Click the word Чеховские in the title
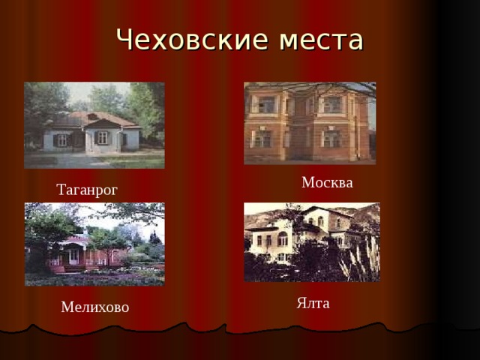point(186,40)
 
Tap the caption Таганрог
point(87,190)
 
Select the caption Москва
point(327,182)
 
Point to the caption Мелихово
point(95,307)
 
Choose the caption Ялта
point(313,303)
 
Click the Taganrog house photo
point(94,125)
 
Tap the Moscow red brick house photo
point(310,123)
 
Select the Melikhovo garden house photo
point(94,244)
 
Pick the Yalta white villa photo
point(312,241)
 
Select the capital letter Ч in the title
point(126,40)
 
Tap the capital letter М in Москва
point(307,182)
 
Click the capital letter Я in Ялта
point(301,303)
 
